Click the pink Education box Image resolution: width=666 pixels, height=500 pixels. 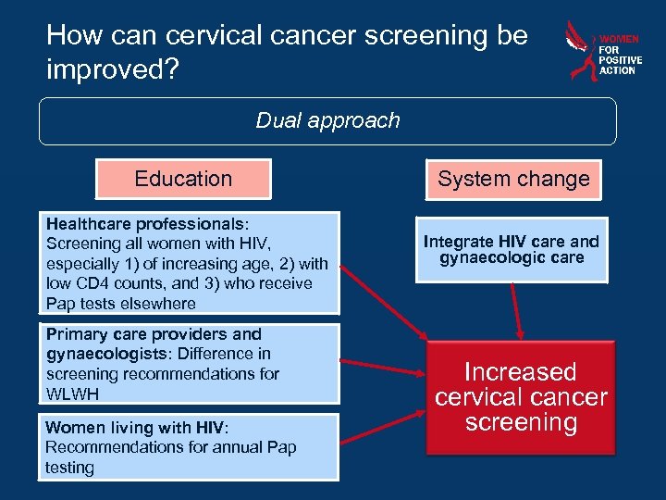click(183, 179)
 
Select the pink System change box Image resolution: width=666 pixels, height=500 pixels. click(513, 179)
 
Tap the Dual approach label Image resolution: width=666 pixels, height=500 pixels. click(327, 120)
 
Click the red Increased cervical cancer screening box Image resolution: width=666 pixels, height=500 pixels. click(521, 397)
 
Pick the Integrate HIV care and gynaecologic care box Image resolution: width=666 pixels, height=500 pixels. click(511, 249)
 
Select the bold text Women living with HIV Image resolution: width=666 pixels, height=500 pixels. click(135, 428)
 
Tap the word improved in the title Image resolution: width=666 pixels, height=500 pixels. click(104, 70)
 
